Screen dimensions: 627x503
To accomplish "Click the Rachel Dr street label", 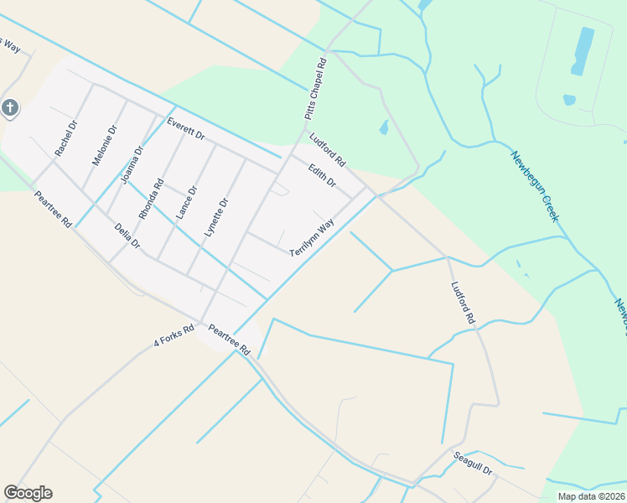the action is [x=65, y=139].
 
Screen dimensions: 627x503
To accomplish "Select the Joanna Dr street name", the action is [x=132, y=163].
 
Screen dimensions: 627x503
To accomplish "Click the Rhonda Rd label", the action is [x=152, y=199].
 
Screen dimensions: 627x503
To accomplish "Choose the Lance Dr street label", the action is [x=186, y=204].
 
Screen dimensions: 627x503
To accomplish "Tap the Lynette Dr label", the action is [x=216, y=217].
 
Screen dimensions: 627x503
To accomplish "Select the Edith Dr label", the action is [x=322, y=175].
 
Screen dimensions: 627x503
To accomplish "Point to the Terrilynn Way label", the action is [x=312, y=237].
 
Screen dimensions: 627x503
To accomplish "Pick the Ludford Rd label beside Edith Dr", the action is [x=327, y=149].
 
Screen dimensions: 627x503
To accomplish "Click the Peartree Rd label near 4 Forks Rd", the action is [x=230, y=341].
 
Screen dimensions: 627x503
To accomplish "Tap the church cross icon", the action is [x=9, y=107].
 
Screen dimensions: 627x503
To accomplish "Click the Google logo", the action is [x=28, y=493].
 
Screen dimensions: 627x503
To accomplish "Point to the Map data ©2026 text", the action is [x=590, y=496].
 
